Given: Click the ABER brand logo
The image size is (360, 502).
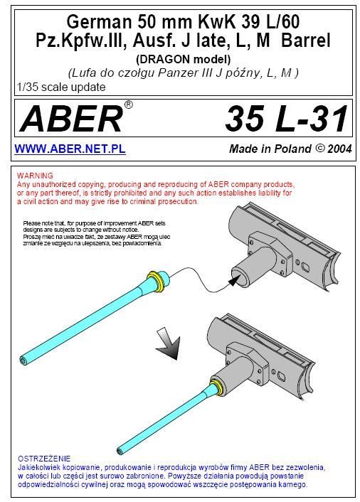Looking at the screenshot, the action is point(71,119).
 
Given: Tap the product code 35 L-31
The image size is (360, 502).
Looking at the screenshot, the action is point(287,119).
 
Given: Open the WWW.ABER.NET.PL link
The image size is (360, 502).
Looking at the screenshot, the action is point(70,149).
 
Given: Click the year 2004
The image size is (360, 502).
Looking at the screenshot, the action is point(339,149).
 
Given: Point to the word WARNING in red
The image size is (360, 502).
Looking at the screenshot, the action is point(35,176).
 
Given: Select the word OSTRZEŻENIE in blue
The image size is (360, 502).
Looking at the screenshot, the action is point(44,459).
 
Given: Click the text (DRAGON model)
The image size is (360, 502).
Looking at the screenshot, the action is point(183,60).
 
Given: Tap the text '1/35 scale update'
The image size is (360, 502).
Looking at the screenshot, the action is point(61,87).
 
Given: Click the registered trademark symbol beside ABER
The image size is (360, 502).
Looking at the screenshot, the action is point(128,105).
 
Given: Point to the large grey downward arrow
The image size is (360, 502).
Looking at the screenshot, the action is point(169,343).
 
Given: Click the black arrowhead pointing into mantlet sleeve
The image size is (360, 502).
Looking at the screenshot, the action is point(234,281).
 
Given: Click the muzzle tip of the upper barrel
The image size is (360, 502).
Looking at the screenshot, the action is point(23,360).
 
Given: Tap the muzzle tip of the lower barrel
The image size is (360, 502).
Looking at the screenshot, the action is point(120,451).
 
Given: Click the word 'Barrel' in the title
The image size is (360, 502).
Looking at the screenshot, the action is point(305,41).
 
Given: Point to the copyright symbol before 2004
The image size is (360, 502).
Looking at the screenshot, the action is point(319,148).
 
